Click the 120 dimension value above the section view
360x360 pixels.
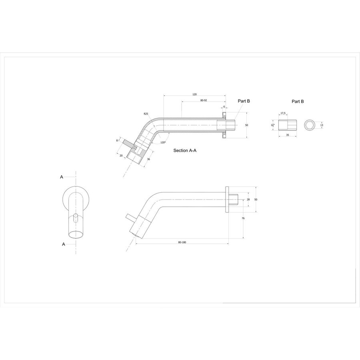tap(194, 94)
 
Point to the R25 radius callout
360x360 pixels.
tap(146, 114)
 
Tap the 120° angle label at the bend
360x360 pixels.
tap(163, 142)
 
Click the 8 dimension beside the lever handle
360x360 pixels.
tap(117, 140)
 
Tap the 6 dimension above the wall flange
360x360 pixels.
tap(224, 107)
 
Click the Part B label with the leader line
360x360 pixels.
tap(244, 102)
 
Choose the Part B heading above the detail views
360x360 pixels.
tap(298, 102)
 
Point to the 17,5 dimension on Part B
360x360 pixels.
tap(283, 113)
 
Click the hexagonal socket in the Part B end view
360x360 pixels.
tap(309, 125)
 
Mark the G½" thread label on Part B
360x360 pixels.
tap(272, 125)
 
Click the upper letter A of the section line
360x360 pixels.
tap(62, 176)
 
